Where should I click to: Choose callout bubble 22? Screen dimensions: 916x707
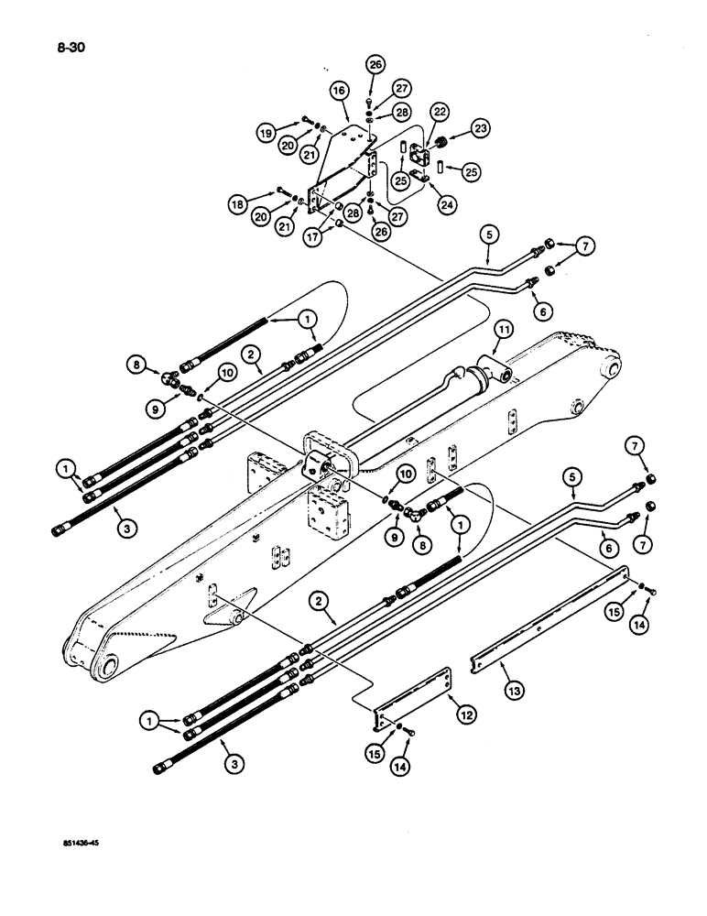coord(441,113)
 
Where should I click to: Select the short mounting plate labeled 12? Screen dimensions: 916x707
coord(412,694)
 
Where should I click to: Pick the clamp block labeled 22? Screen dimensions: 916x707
coord(424,158)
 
